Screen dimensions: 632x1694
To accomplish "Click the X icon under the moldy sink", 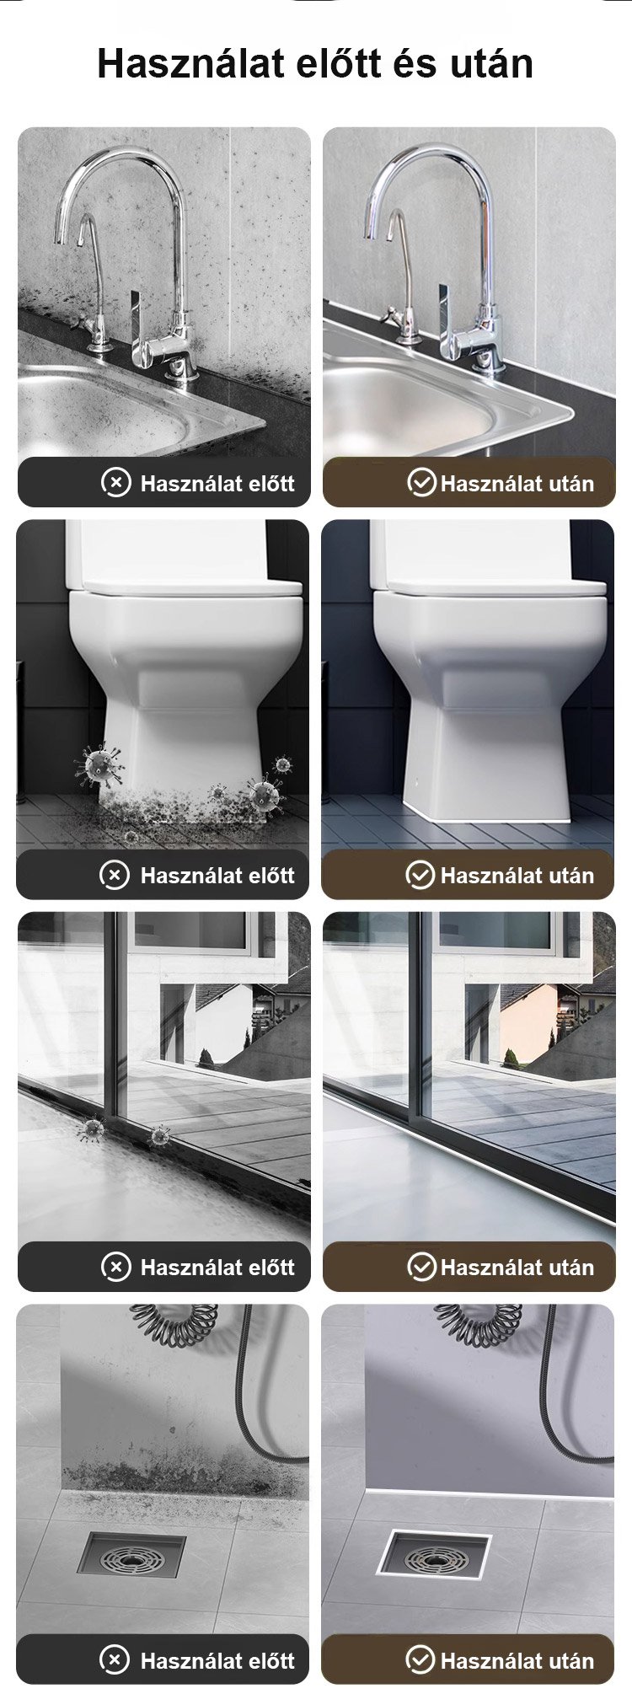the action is pos(116,482).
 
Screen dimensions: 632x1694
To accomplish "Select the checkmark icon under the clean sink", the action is pos(421,482).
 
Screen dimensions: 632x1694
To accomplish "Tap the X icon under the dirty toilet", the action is pos(115,875).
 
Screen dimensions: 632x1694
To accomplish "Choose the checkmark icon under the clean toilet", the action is pos(420,875).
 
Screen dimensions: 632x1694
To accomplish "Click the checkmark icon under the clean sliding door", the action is pos(421,1266).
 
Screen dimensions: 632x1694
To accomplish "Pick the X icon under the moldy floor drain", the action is pos(115,1659).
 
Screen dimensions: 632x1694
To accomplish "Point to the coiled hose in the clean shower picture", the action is pos(479,1325).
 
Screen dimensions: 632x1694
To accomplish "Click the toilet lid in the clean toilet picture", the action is pos(490,587).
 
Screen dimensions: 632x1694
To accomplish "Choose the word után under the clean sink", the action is pos(562,483).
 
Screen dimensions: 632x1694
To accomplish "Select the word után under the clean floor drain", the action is pos(562,1660).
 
